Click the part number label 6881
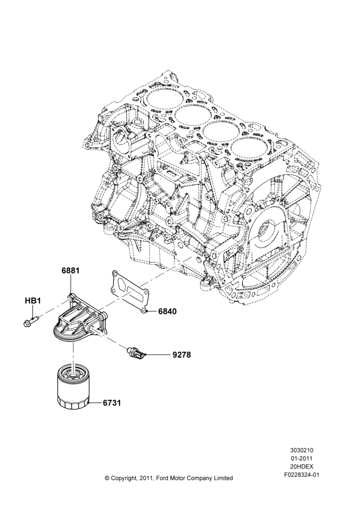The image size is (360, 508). (71, 271)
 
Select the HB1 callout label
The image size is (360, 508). (33, 301)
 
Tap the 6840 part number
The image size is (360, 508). (167, 312)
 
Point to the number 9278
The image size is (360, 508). (182, 355)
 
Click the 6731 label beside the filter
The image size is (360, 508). (112, 403)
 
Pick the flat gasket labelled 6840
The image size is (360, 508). (130, 292)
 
